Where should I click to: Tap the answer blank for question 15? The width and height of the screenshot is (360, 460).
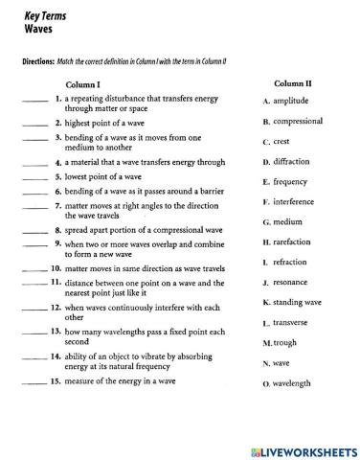pyautogui.click(x=33, y=383)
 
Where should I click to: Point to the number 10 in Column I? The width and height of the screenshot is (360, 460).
pyautogui.click(x=56, y=269)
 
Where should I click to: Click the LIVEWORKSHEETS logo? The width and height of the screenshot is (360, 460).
pyautogui.click(x=302, y=448)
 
